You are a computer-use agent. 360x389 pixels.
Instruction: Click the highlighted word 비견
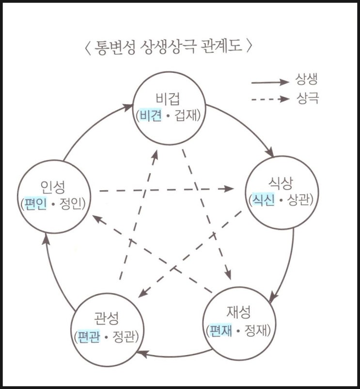(x=151, y=115)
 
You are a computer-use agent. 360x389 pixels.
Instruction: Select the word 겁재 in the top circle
(x=186, y=115)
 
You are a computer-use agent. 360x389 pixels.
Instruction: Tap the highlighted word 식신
(x=263, y=200)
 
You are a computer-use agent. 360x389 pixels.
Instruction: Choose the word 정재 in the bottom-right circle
(x=255, y=330)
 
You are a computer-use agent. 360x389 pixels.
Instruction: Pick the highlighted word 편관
(x=89, y=337)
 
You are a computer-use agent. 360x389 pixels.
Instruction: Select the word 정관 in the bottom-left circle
(x=124, y=337)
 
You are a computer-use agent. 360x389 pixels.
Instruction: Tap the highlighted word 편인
(x=35, y=204)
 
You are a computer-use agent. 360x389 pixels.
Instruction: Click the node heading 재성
(x=238, y=312)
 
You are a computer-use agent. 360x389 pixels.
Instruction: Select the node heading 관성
(x=107, y=318)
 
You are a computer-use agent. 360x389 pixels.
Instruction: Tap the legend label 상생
(x=307, y=80)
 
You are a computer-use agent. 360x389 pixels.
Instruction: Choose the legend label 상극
(x=307, y=98)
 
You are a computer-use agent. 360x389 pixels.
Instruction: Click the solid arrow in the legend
(x=270, y=82)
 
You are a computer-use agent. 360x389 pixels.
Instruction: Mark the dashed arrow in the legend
(x=270, y=99)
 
